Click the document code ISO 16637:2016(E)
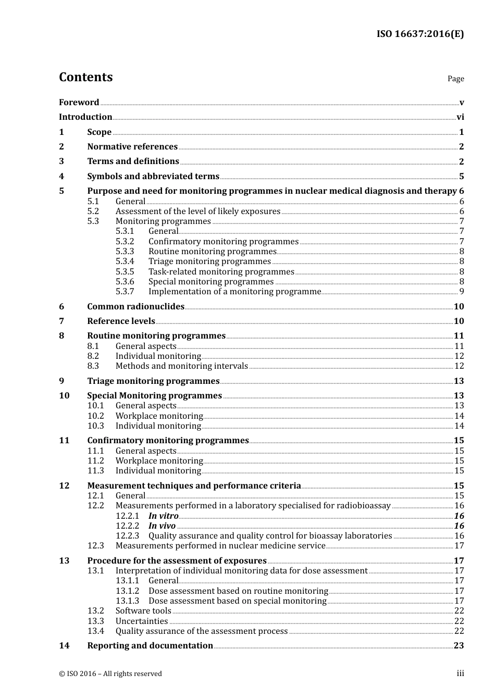click(420, 34)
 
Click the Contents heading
click(85, 77)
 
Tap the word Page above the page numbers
click(455, 79)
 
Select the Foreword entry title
click(79, 103)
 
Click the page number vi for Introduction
click(460, 117)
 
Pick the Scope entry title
click(99, 132)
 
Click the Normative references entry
click(132, 147)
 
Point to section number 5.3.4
click(125, 261)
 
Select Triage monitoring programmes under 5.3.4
click(209, 261)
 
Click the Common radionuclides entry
click(135, 307)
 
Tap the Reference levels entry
click(121, 321)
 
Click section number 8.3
click(93, 366)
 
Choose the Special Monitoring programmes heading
click(154, 396)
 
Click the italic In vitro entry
click(163, 516)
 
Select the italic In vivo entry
click(162, 526)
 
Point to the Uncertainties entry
click(142, 621)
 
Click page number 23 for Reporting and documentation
click(459, 646)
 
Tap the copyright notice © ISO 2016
click(110, 674)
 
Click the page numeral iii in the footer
click(460, 673)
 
